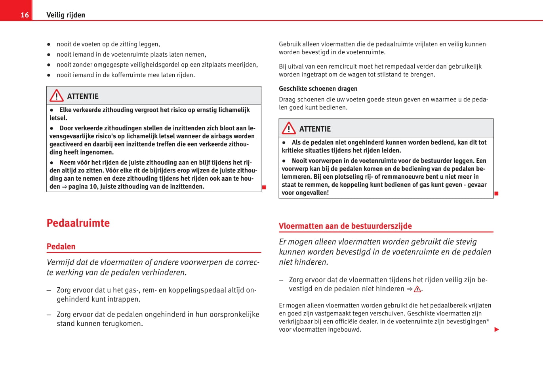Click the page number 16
coord(25,15)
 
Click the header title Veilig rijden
coord(66,15)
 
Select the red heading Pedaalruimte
coord(78,223)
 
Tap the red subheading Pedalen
coord(61,246)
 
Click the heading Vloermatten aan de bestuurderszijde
coord(345,226)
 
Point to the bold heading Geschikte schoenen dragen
coord(318,89)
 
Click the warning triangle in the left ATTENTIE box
coord(57,96)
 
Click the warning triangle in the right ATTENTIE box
coord(289,128)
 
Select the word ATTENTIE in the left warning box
coord(83,97)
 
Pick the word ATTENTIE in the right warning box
coord(315,129)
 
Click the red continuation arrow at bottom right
coord(497,330)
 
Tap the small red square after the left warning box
coord(264,187)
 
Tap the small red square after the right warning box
coord(496,193)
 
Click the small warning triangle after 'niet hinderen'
coord(417,289)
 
